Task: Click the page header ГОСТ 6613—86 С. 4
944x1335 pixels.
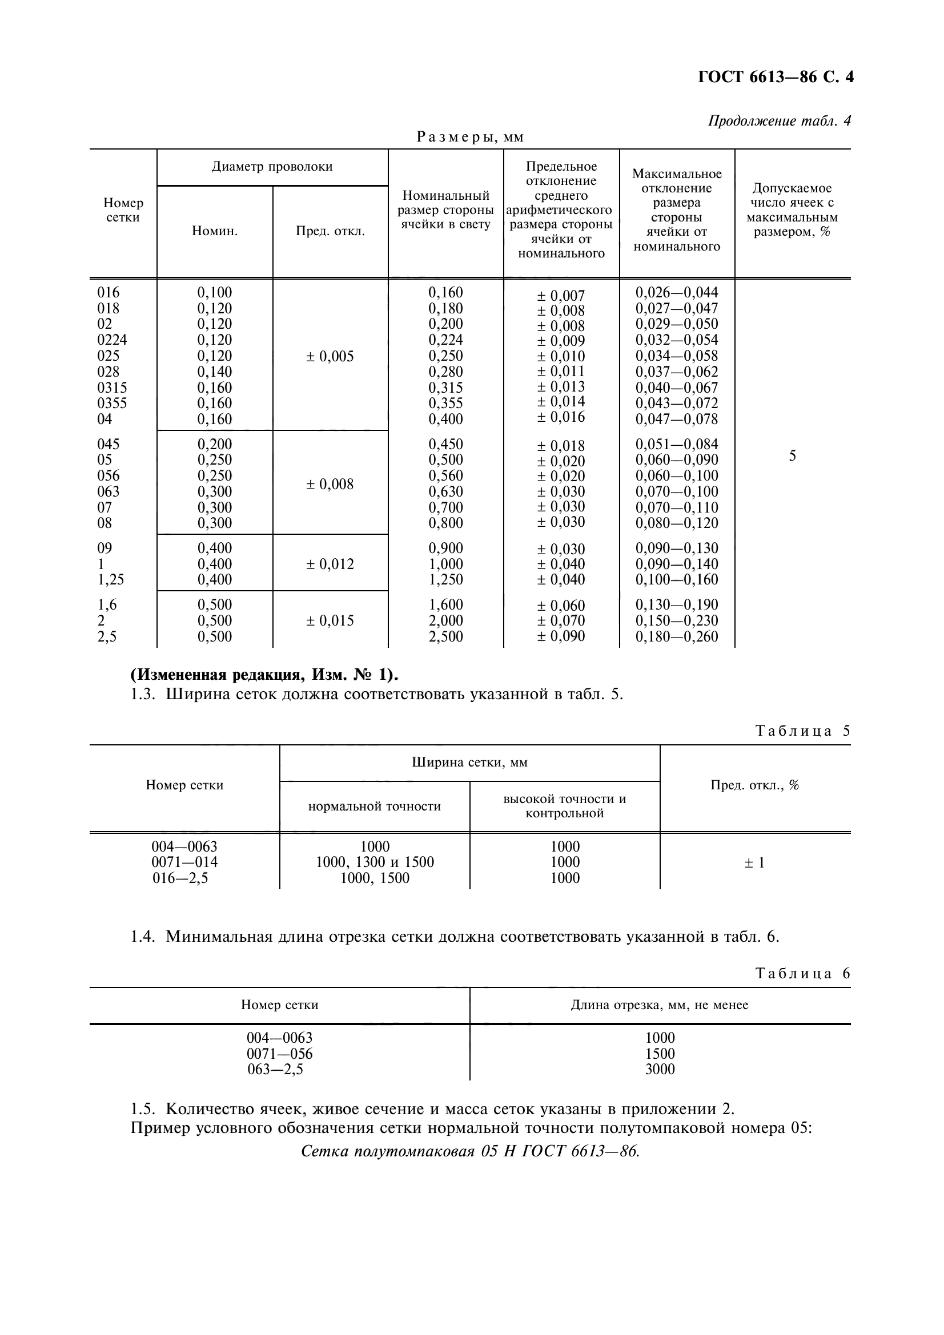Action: coord(776,78)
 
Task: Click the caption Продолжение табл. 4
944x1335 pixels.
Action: coord(779,121)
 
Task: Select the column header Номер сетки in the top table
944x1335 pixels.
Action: coord(123,210)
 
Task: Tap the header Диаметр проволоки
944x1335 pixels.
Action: coord(272,167)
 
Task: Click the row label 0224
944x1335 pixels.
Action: coord(112,340)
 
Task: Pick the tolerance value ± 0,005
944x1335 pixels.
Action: coord(330,356)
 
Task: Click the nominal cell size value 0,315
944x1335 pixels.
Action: coord(445,387)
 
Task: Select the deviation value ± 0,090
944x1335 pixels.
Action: coord(561,636)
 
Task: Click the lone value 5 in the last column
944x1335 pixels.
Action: coord(792,456)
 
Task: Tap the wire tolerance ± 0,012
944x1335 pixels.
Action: coord(330,564)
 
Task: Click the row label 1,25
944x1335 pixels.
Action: coord(111,580)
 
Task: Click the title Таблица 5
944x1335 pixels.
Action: coord(803,731)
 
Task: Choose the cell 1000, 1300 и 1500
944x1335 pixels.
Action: coord(375,862)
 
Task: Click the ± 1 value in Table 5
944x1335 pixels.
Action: coord(754,863)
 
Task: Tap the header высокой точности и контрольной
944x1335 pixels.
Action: coord(564,806)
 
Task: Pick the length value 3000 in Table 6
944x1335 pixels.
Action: coord(660,1069)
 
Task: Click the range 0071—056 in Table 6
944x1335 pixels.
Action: coord(279,1054)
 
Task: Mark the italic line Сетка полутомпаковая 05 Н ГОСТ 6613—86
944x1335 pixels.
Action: coord(470,1152)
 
